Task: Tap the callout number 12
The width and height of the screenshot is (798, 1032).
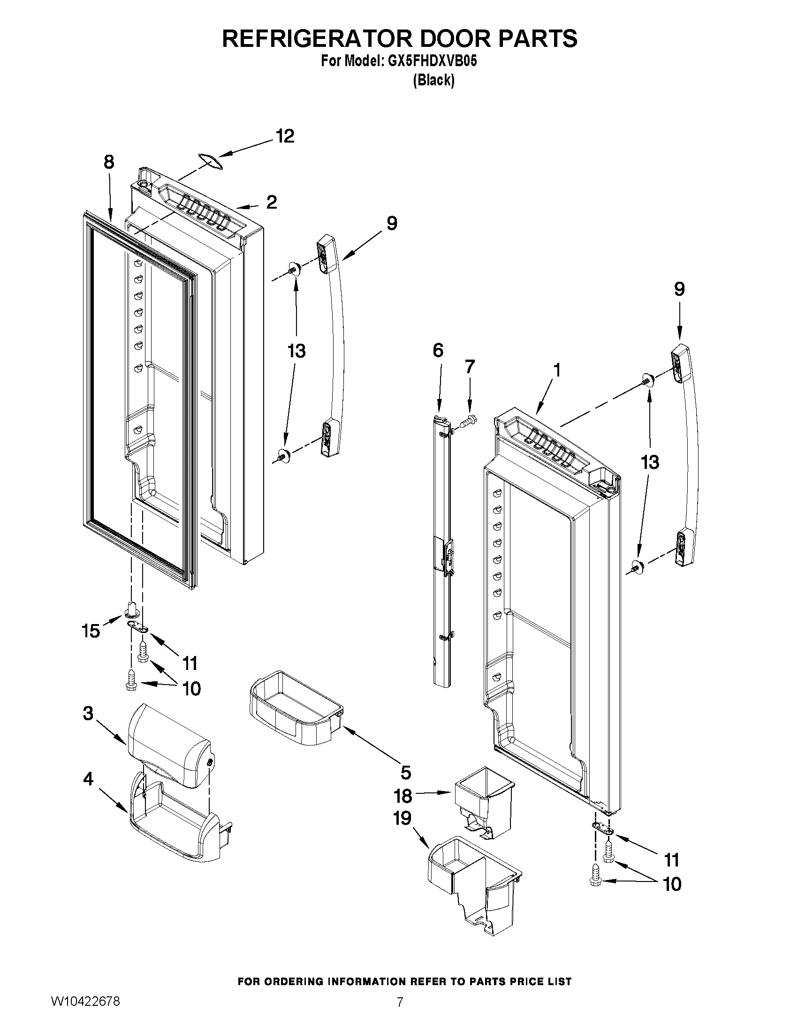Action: click(x=285, y=136)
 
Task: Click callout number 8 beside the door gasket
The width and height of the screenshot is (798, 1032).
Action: click(x=109, y=162)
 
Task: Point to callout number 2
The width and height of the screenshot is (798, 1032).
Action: click(x=271, y=202)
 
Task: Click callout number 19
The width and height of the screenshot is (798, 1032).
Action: click(x=403, y=818)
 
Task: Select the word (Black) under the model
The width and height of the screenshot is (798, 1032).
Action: click(x=433, y=81)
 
